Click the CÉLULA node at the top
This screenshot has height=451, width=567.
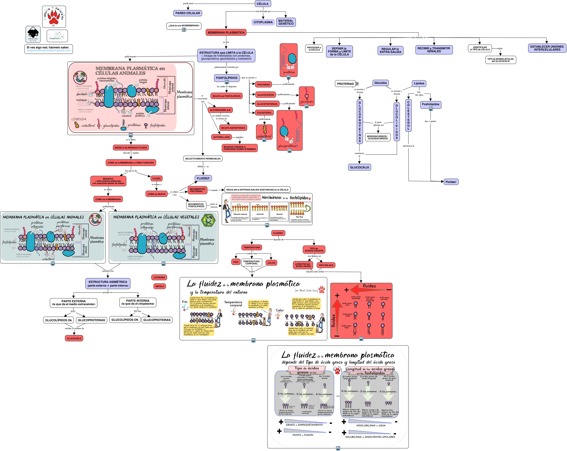click(263, 4)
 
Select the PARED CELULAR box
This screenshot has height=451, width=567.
click(187, 13)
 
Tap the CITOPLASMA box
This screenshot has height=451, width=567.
click(263, 22)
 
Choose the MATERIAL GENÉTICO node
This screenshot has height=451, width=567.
click(286, 22)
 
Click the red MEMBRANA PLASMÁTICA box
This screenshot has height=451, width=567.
click(226, 33)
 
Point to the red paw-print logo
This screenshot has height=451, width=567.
click(54, 17)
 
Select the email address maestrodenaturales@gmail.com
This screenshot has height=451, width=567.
click(49, 51)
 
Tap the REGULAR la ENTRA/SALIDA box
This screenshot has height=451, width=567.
click(390, 51)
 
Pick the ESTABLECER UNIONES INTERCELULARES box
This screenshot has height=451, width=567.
click(547, 48)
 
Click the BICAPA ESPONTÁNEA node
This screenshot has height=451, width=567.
click(233, 128)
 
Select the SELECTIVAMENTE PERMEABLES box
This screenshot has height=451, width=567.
click(203, 159)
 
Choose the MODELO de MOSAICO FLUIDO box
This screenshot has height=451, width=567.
click(131, 148)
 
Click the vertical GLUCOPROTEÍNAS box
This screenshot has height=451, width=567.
click(360, 122)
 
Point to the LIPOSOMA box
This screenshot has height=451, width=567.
click(159, 277)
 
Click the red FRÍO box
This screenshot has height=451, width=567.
click(236, 262)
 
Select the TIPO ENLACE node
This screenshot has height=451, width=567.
click(326, 265)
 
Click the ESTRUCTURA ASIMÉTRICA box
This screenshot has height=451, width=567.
click(108, 284)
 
